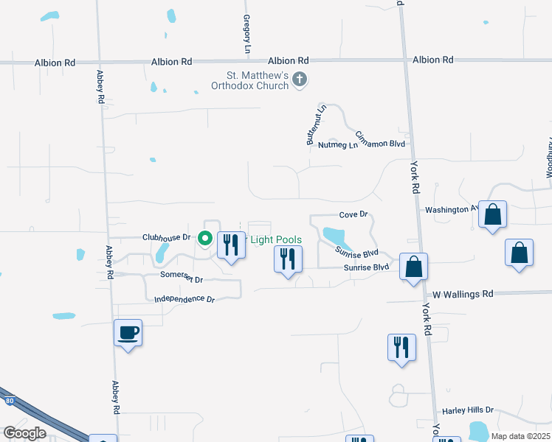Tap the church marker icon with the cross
tap(300, 79)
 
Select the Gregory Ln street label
tap(246, 33)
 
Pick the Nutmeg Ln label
tap(337, 145)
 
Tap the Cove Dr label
tap(353, 214)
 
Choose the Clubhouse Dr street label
tap(167, 238)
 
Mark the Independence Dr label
tap(184, 300)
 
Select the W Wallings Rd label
tap(463, 294)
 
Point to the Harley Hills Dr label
tap(467, 410)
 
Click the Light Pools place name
tap(276, 240)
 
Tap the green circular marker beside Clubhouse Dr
tap(205, 239)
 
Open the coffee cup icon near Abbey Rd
tap(128, 333)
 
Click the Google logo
tap(25, 432)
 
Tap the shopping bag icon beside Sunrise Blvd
tap(414, 267)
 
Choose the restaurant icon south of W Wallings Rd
tap(401, 347)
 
